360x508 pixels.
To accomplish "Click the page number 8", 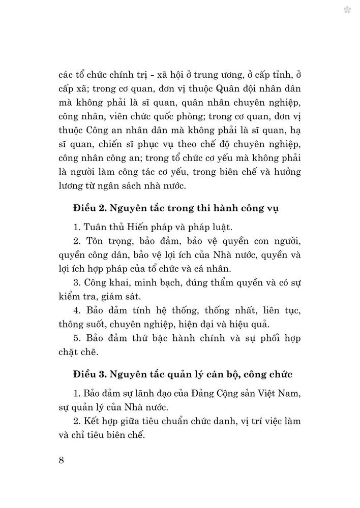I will [x=62, y=460].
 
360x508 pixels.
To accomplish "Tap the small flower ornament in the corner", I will [x=347, y=10].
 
